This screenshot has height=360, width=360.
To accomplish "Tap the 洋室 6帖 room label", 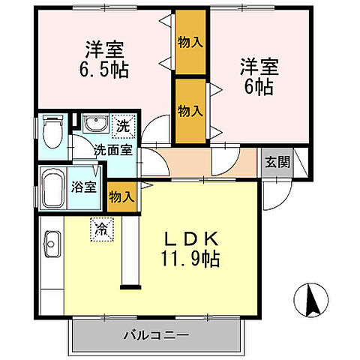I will (257, 74).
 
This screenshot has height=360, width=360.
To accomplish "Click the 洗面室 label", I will (112, 149).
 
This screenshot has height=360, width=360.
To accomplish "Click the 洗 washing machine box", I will (121, 126).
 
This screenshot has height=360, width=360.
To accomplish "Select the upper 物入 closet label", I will (190, 41).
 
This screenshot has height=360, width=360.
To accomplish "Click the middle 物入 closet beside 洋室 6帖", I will (190, 110).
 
